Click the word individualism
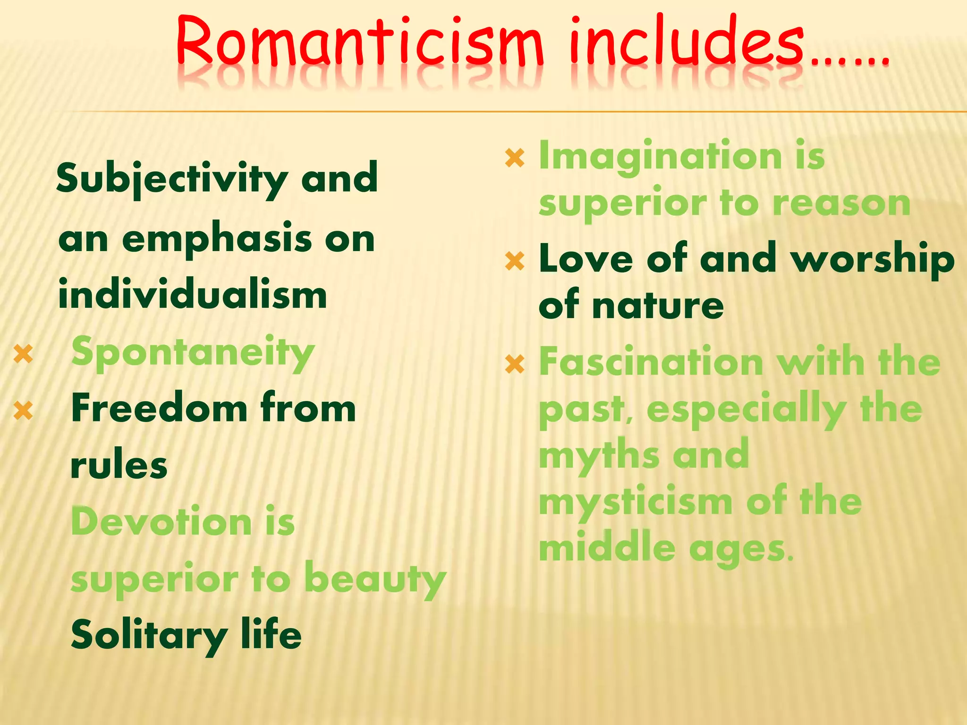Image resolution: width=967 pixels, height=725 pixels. tap(193, 295)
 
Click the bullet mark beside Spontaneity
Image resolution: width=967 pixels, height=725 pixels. tap(23, 354)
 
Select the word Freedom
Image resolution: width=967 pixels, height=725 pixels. tap(159, 409)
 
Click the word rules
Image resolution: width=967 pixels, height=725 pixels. tap(119, 465)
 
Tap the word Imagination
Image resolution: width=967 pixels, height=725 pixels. tap(660, 157)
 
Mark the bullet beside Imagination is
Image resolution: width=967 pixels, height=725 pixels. tap(515, 158)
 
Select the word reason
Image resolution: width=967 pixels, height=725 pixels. tap(841, 204)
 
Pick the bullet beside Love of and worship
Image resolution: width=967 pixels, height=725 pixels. tap(515, 261)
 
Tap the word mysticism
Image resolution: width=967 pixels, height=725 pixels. tap(636, 502)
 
